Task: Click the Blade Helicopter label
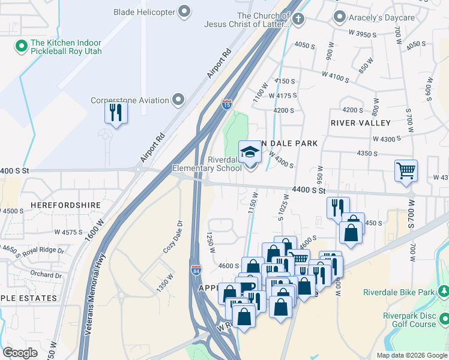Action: [x=146, y=11]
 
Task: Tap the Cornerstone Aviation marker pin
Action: [x=178, y=100]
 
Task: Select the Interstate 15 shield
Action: [x=227, y=104]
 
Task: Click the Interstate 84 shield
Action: [x=196, y=271]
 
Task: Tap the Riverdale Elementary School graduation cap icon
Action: [x=250, y=152]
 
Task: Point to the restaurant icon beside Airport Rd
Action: [x=116, y=112]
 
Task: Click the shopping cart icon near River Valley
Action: [x=406, y=170]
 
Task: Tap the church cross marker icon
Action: [x=298, y=19]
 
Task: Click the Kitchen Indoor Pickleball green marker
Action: [x=21, y=45]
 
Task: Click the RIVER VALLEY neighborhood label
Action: [x=360, y=122]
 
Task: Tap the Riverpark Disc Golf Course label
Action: [x=410, y=320]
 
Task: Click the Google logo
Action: [x=20, y=352]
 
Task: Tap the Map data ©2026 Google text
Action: [x=411, y=355]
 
